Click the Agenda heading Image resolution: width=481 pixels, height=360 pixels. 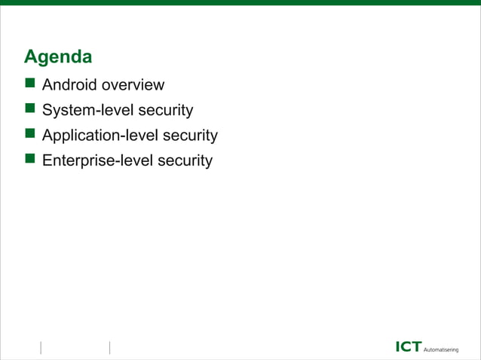point(58,57)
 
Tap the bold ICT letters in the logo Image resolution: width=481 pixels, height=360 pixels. point(409,346)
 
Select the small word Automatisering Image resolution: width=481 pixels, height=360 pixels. point(446,349)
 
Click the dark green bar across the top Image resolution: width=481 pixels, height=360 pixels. point(240,2)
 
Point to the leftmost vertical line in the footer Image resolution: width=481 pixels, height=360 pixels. point(40,347)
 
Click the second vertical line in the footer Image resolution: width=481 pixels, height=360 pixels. point(110,347)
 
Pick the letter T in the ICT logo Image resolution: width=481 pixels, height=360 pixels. point(418,346)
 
